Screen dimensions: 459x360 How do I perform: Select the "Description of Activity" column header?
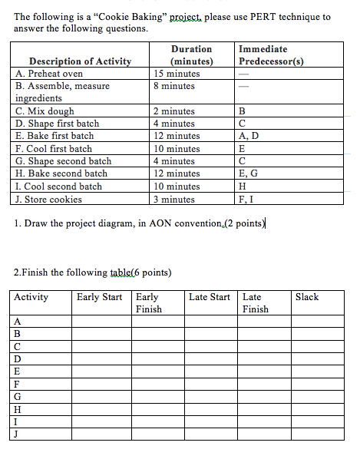coord(80,61)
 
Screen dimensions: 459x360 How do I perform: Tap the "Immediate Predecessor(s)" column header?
coord(271,55)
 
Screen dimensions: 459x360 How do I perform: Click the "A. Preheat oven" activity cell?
coord(49,74)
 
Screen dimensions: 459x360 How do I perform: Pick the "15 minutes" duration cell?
coord(177,74)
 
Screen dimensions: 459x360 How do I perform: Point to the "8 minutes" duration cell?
coord(174,86)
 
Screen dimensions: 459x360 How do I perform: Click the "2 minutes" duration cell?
coord(174,111)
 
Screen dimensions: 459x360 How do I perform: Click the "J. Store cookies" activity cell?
coord(48,199)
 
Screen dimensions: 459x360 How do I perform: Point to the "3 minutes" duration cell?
coord(174,199)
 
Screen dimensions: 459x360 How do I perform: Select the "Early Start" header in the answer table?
coord(99,297)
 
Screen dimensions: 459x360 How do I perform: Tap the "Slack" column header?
coord(306,297)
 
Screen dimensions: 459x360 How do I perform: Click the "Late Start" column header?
coord(209,297)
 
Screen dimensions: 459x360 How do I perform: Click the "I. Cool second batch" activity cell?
coord(59,187)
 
